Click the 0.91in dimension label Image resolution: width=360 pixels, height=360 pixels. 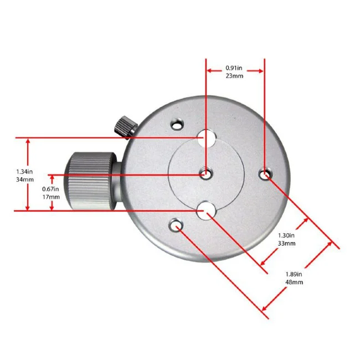point(234,68)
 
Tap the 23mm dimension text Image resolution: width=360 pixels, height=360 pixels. point(234,76)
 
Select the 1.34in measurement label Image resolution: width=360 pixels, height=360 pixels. point(24,172)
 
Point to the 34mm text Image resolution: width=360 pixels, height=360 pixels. point(25,179)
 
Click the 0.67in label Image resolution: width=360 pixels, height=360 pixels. point(50,189)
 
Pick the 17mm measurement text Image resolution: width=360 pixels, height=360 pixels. point(51,197)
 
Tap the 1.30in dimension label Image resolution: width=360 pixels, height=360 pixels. point(286,235)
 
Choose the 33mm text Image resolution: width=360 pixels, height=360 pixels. point(286,243)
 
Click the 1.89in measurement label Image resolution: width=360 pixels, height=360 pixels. point(294,274)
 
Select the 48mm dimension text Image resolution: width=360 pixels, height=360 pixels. point(294,282)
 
